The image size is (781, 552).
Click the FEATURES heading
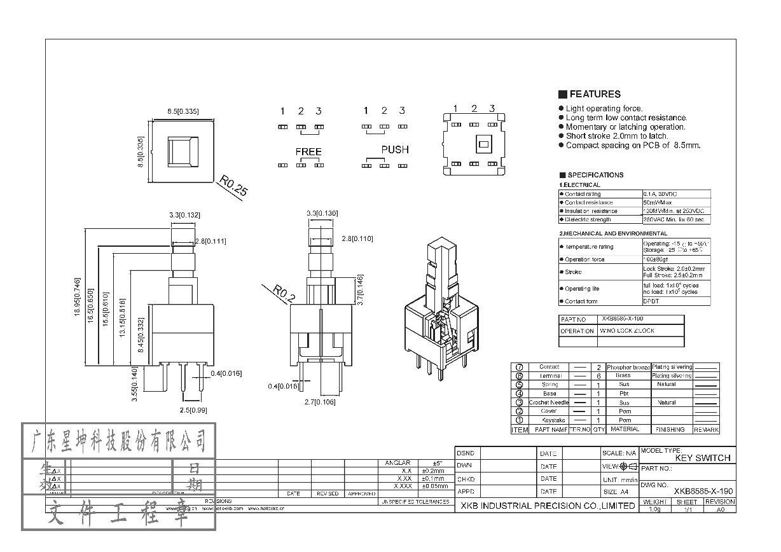(x=594, y=94)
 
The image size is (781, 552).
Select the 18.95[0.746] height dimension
(x=77, y=297)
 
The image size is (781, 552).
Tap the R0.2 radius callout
(x=284, y=293)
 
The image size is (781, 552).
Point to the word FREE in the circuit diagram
(x=308, y=152)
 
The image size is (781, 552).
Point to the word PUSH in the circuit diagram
(x=394, y=150)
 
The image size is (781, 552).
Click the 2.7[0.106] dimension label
(x=321, y=402)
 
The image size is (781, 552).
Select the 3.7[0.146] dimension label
(x=360, y=290)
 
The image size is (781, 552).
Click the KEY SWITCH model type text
(x=702, y=458)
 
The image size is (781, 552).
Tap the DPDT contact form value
(x=651, y=301)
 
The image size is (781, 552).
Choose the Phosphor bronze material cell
(x=628, y=368)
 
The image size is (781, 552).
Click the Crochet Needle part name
(x=548, y=403)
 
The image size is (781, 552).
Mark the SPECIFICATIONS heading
(x=595, y=175)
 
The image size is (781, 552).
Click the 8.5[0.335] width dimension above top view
(x=183, y=111)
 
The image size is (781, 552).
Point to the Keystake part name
(x=548, y=420)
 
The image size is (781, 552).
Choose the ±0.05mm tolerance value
(x=434, y=486)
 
